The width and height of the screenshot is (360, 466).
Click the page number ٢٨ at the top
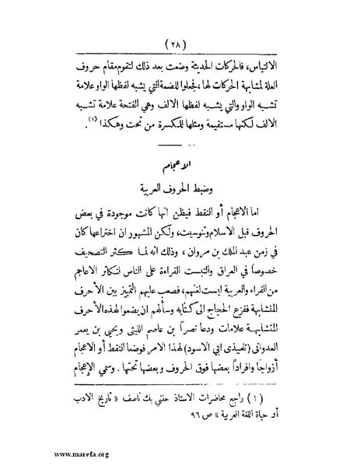click(x=180, y=40)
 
